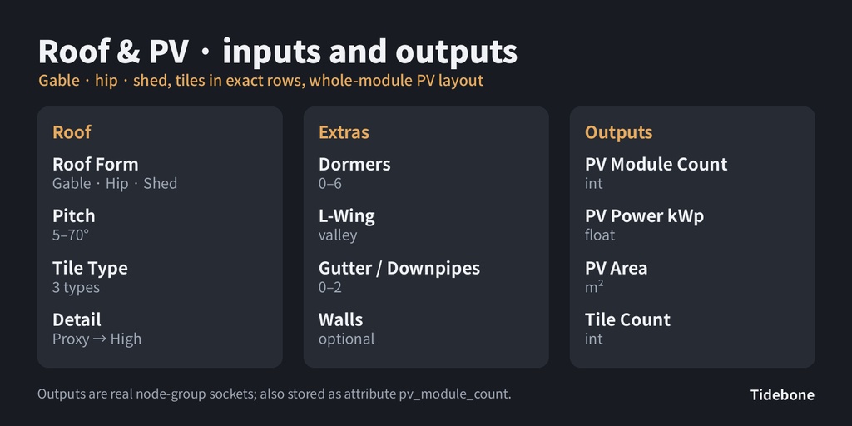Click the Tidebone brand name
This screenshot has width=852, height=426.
782,395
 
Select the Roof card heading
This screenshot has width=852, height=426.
72,132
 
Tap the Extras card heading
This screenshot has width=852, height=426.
344,132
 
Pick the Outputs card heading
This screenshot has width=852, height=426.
618,132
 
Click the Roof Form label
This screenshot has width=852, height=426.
95,164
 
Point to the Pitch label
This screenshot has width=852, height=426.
74,215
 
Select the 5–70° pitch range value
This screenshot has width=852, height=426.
71,235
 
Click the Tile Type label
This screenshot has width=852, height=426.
90,268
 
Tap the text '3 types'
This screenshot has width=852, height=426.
76,287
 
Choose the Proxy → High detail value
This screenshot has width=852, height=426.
97,339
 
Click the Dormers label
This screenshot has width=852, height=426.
354,164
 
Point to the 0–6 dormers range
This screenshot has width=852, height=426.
330,184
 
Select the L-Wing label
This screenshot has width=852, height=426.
347,216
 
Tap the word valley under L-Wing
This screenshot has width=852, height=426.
338,235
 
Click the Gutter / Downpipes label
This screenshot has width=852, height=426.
399,268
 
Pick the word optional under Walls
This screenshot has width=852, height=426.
347,339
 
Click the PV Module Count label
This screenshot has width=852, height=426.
656,164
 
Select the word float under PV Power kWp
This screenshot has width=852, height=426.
601,235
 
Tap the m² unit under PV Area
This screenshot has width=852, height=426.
594,287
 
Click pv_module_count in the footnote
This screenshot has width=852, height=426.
454,394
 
